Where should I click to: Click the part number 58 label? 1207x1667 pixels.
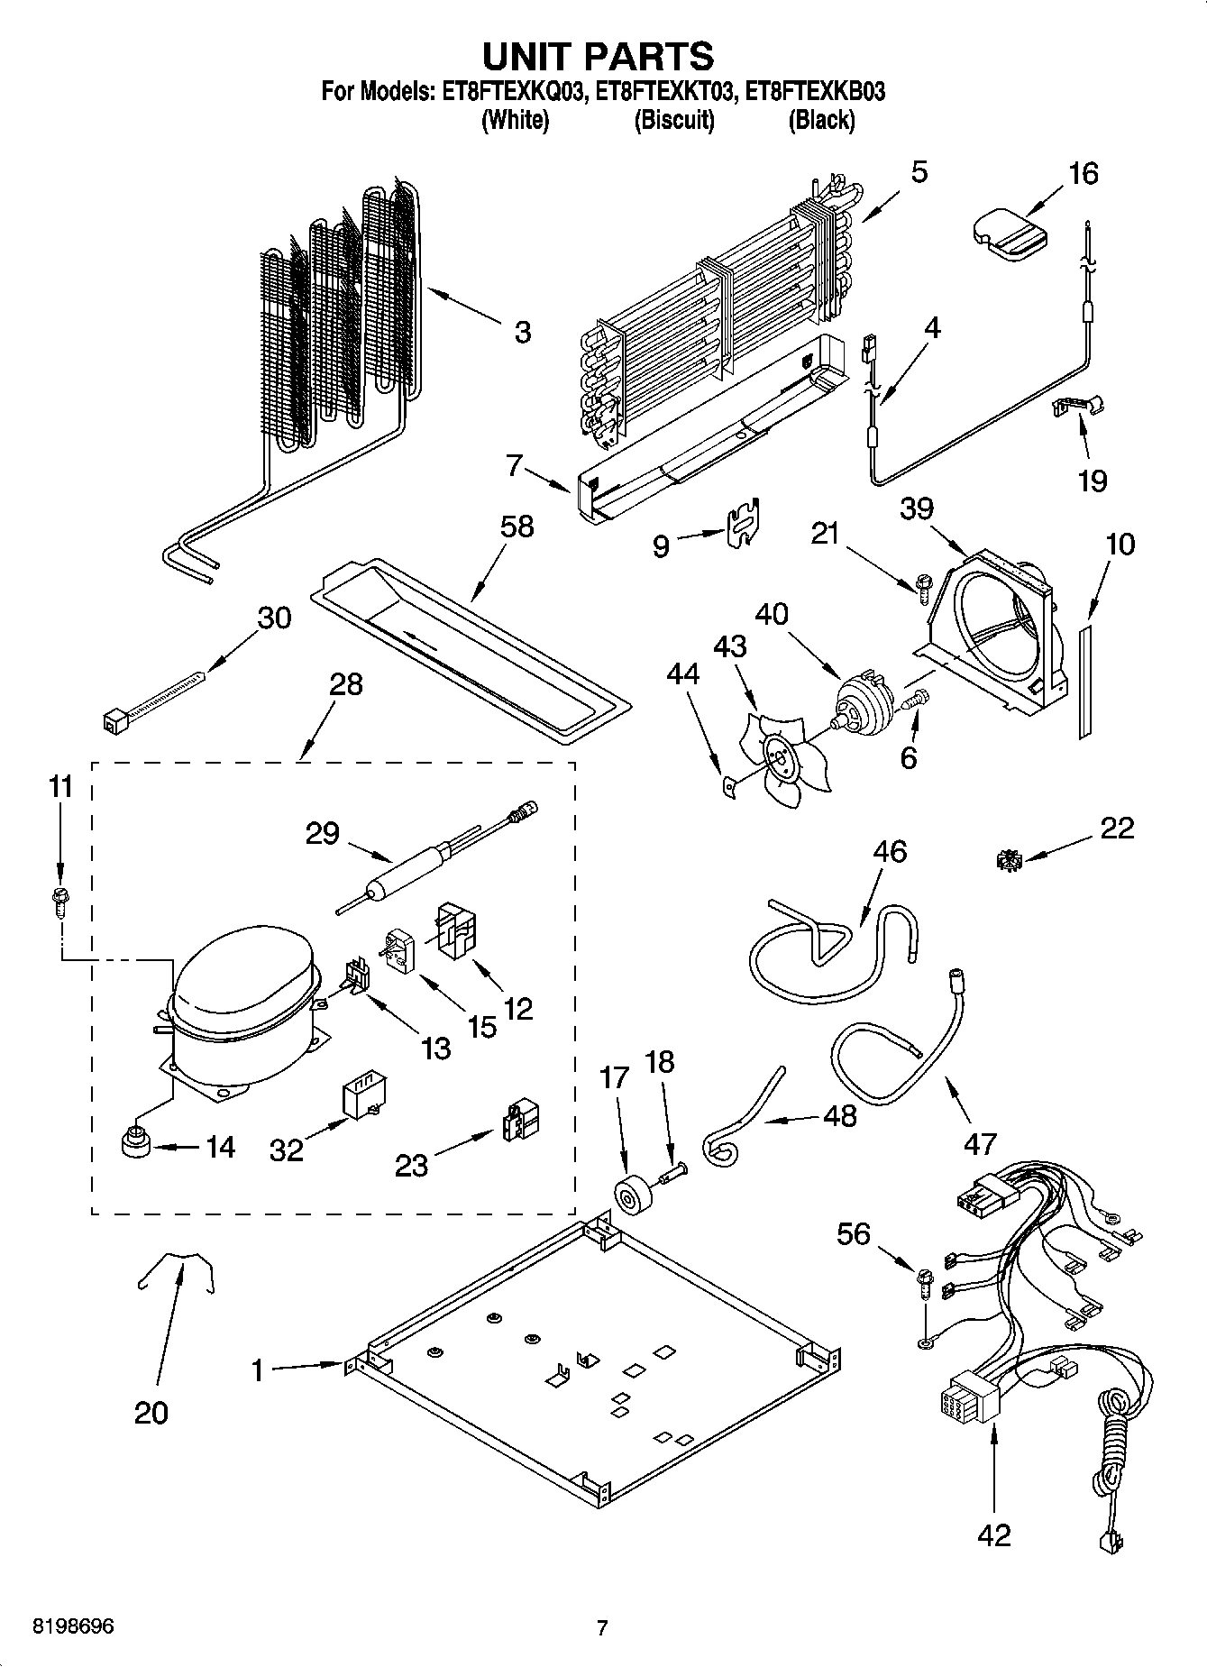[x=517, y=527]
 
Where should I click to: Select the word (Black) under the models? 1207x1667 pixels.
[x=821, y=120]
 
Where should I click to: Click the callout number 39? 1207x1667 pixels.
[x=916, y=508]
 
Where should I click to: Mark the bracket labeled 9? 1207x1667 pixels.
[x=742, y=525]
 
